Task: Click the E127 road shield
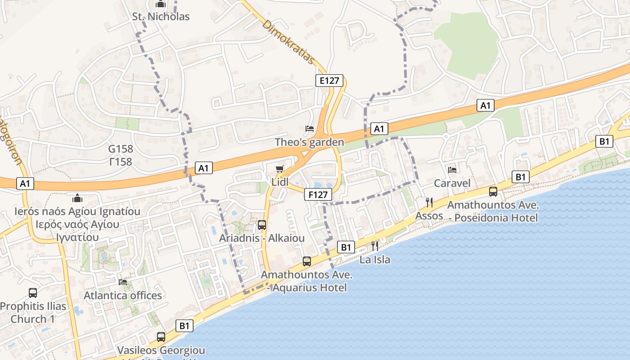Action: pyautogui.click(x=329, y=81)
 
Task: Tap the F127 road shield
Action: pyautogui.click(x=318, y=194)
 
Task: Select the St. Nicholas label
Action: pyautogui.click(x=161, y=17)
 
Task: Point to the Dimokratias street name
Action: pyautogui.click(x=288, y=41)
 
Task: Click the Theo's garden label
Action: pyautogui.click(x=309, y=142)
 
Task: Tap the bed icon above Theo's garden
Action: pyautogui.click(x=309, y=129)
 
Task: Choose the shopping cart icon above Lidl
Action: pyautogui.click(x=280, y=169)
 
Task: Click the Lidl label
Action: pyautogui.click(x=280, y=182)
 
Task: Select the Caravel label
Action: pyautogui.click(x=452, y=183)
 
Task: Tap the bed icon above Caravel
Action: pyautogui.click(x=452, y=170)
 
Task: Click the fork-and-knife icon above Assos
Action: pyautogui.click(x=429, y=202)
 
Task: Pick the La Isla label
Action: pyautogui.click(x=374, y=260)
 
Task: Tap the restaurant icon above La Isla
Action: pyautogui.click(x=374, y=246)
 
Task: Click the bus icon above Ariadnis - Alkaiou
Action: pyautogui.click(x=262, y=225)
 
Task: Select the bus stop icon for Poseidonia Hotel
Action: pyautogui.click(x=493, y=192)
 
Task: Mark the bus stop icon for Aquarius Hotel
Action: pyautogui.click(x=307, y=261)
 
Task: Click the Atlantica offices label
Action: pyautogui.click(x=123, y=296)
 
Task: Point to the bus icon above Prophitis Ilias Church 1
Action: pyautogui.click(x=33, y=293)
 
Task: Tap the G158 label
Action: pyautogui.click(x=121, y=149)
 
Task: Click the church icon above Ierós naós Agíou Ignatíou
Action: pyautogui.click(x=77, y=198)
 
